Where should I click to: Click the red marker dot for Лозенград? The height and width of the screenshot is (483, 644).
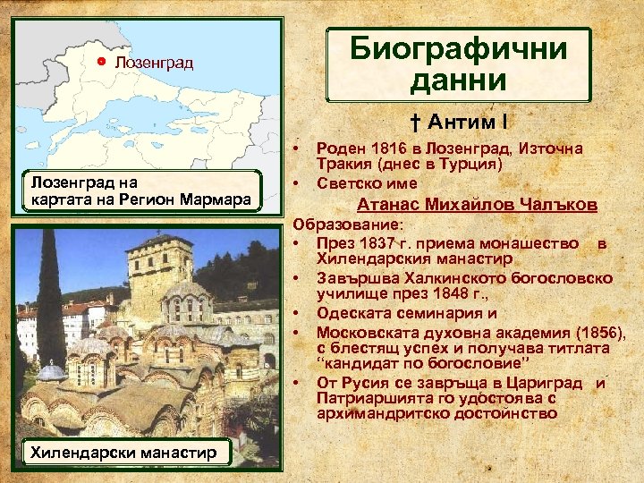pyautogui.click(x=101, y=62)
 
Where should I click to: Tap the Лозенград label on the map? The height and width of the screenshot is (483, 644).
pyautogui.click(x=154, y=63)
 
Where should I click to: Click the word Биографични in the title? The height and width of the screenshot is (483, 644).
pyautogui.click(x=459, y=48)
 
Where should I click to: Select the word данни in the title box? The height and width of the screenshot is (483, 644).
pyautogui.click(x=459, y=80)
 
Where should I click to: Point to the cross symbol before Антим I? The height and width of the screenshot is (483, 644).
pyautogui.click(x=417, y=121)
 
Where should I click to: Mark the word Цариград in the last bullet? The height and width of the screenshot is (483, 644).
pyautogui.click(x=548, y=383)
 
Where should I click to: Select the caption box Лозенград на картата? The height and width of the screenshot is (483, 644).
pyautogui.click(x=142, y=191)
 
